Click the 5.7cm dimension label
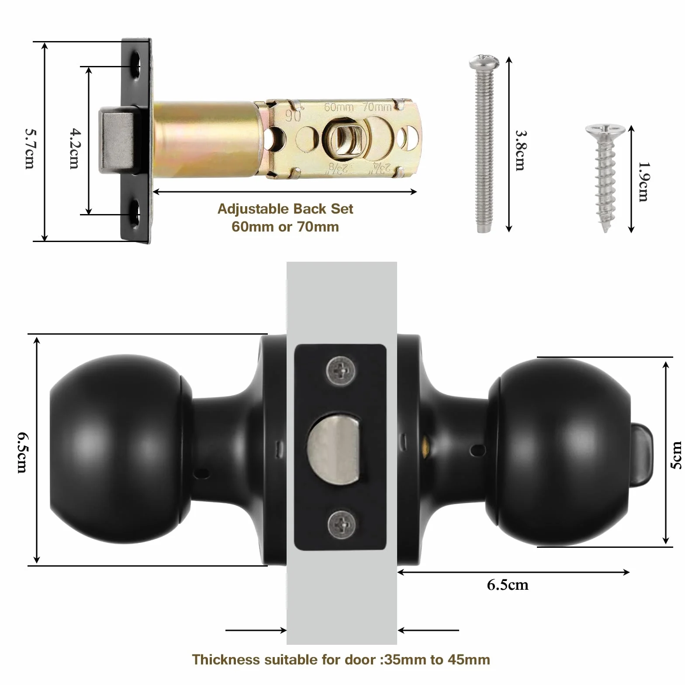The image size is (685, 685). pos(30,149)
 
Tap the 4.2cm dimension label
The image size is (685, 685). pos(75,149)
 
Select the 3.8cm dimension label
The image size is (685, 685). pos(521,150)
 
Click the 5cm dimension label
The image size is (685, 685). pos(676,455)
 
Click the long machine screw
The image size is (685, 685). pos(484,144)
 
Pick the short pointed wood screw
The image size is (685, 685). pos(605,177)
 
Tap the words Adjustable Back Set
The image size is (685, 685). pos(285,209)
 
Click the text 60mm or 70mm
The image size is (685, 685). pos(285,227)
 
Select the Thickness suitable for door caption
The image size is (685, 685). pos(341,660)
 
